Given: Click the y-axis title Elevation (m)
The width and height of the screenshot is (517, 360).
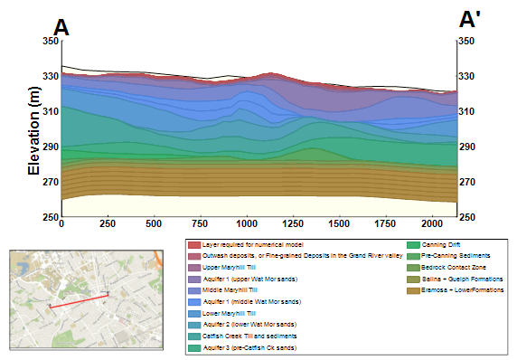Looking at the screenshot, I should click(x=34, y=131).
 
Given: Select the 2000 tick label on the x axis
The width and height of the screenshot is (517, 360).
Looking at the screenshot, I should click(x=431, y=223).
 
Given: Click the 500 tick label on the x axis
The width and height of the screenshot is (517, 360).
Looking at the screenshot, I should click(x=153, y=223).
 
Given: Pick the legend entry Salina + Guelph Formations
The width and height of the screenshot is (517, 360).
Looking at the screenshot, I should click(x=449, y=279).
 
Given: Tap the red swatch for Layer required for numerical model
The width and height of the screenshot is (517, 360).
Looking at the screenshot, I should click(x=193, y=245).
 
